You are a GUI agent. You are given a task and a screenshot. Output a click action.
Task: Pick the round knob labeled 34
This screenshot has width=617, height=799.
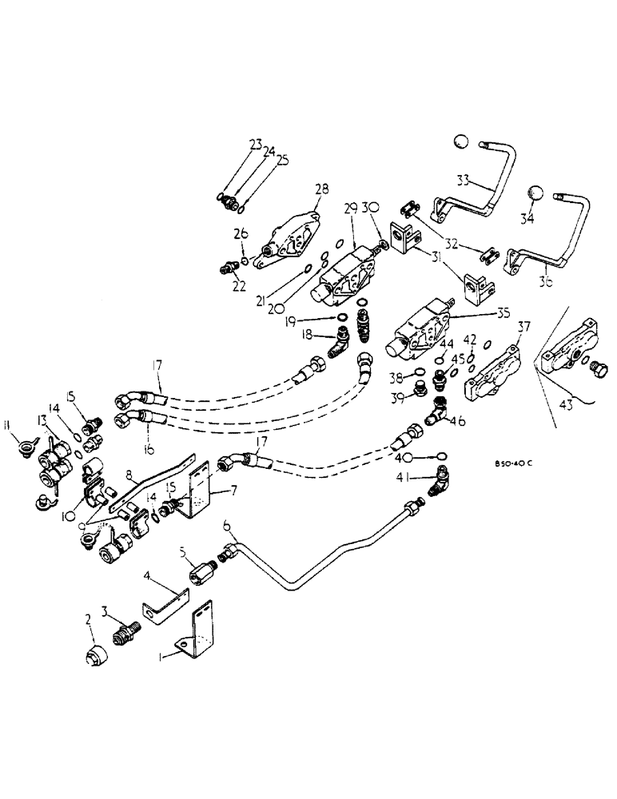[x=536, y=196]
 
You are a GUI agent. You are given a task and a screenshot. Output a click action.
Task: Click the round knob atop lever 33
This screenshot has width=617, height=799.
[x=460, y=142]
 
